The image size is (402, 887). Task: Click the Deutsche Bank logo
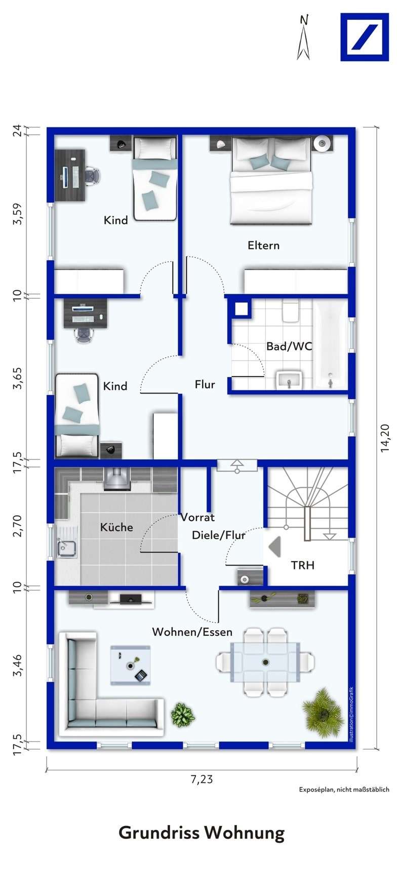point(364,37)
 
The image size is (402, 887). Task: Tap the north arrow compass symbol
point(303,38)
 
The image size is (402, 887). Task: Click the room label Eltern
point(263,246)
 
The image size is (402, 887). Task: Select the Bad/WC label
point(289,347)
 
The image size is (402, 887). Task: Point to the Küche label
point(116,527)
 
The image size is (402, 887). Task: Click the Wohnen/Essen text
point(192,632)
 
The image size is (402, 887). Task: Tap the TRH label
point(302,565)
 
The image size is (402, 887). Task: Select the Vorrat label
point(197,518)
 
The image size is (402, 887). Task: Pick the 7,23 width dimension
point(202,779)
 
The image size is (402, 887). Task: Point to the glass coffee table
point(130,665)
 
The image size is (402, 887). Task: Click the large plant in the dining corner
point(323,712)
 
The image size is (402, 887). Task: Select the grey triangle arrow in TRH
point(274,547)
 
